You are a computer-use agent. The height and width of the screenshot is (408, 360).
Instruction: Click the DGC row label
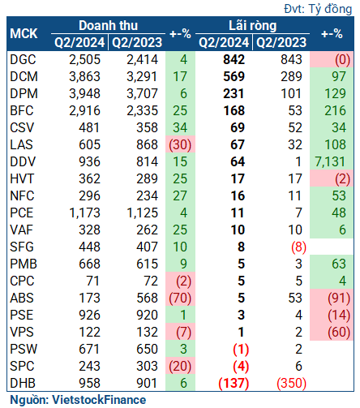point(23,60)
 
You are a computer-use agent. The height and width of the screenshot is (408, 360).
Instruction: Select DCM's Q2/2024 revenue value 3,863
point(84,77)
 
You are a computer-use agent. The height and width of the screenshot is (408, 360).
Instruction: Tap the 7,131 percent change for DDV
point(330,162)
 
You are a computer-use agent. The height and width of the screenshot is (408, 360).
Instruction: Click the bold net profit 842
point(234,60)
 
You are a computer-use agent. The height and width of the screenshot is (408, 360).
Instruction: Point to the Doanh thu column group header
point(109,26)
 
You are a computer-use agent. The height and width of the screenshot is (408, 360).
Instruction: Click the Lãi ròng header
point(253,26)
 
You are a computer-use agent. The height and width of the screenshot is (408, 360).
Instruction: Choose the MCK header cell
point(24,34)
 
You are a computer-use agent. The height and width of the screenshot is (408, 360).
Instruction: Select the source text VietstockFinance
point(99,400)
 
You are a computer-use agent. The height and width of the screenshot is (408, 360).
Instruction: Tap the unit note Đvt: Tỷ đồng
point(318,9)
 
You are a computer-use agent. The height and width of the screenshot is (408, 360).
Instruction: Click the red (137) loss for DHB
point(234,384)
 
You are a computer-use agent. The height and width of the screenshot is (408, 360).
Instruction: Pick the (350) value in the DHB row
point(291,384)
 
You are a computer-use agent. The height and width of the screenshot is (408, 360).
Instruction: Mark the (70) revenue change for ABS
point(180,298)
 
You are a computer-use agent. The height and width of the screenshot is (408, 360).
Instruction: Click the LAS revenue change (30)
point(180,145)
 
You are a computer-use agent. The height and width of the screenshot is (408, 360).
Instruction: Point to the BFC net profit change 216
point(335,111)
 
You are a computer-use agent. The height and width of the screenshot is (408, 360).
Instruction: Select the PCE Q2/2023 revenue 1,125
point(142,213)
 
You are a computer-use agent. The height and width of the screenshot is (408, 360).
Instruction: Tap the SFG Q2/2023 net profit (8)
point(298,247)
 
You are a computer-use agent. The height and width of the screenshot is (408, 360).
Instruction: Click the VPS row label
point(22,333)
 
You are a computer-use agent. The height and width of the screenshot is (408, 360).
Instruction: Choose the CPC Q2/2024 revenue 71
point(92,281)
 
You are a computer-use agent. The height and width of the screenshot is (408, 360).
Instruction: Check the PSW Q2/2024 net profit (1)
point(241,350)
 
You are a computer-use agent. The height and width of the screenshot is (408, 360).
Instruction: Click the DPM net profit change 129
point(335,94)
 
